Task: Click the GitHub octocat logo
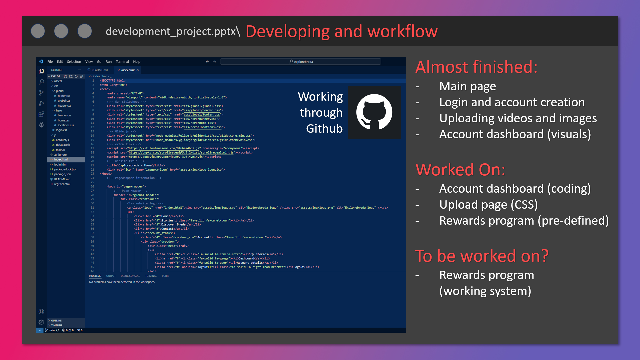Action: click(374, 112)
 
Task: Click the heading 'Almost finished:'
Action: click(476, 67)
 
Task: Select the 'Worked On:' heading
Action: click(460, 170)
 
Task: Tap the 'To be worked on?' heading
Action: click(482, 256)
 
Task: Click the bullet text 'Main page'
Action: click(467, 86)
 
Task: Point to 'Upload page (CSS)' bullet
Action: click(488, 205)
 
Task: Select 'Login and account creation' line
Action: click(512, 102)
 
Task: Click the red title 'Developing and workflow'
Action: click(341, 31)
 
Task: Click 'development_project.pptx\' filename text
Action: click(173, 31)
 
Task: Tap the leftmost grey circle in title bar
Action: click(38, 31)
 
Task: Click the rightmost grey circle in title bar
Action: click(85, 31)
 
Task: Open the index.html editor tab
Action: click(128, 70)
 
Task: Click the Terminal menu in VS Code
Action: click(122, 62)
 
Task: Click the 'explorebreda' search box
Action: click(301, 62)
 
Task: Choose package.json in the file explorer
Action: click(62, 174)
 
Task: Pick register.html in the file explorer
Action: click(62, 184)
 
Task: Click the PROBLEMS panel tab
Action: click(95, 276)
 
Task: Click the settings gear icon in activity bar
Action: click(41, 322)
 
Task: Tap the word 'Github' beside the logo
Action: click(324, 129)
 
